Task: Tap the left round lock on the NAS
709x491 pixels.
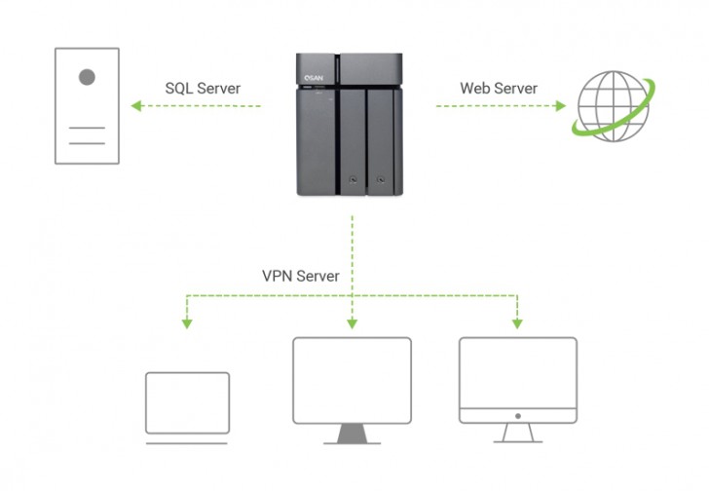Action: tap(352, 180)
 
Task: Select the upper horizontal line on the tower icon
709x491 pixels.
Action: tap(88, 128)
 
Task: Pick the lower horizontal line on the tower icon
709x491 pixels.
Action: tap(88, 142)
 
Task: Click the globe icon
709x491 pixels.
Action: tap(612, 106)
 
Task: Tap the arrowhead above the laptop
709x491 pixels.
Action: tap(186, 322)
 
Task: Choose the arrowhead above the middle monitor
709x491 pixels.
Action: tap(352, 322)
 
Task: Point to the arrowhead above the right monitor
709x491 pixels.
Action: tap(517, 322)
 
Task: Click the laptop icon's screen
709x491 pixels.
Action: tap(186, 400)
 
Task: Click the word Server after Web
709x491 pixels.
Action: tap(515, 89)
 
